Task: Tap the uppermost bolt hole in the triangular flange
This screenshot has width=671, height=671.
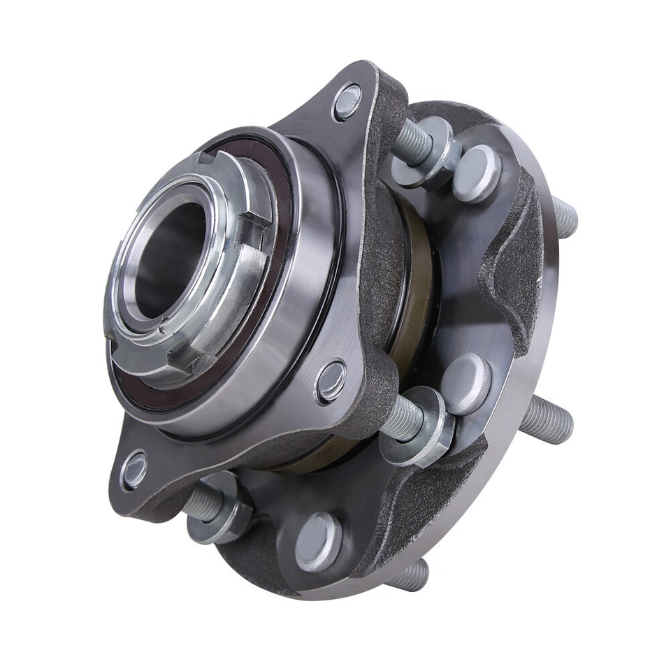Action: [x=347, y=101]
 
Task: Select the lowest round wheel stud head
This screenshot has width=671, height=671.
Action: [x=318, y=542]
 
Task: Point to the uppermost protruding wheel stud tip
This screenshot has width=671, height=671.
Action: [x=565, y=217]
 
